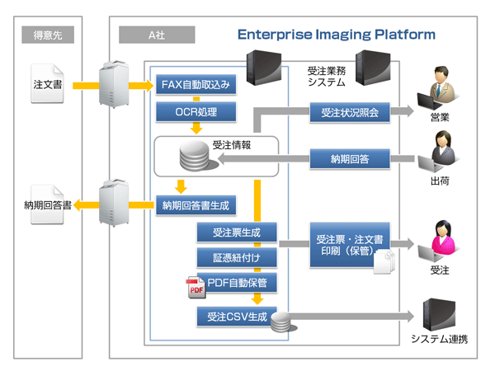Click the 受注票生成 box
237,233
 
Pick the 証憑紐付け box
237,259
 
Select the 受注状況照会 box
350,112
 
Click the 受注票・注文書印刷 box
350,244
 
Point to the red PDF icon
196,288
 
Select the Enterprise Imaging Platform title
336,35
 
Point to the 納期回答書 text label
48,204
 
